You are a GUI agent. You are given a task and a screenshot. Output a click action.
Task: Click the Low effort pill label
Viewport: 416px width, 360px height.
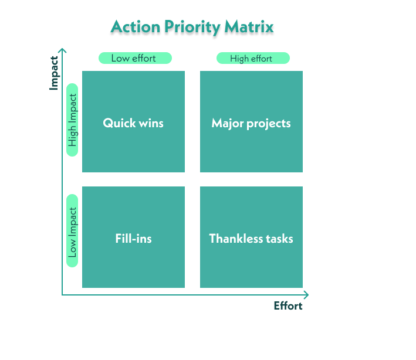(134, 58)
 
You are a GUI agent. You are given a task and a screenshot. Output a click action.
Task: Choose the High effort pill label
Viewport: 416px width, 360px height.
(253, 58)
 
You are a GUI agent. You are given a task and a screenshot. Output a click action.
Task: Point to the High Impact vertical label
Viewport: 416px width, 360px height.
(72, 120)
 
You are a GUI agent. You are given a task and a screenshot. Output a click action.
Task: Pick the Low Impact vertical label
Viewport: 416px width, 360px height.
(72, 232)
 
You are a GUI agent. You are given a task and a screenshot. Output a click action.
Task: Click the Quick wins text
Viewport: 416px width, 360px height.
(133, 123)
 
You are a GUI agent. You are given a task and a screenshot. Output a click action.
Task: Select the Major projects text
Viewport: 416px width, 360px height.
(251, 123)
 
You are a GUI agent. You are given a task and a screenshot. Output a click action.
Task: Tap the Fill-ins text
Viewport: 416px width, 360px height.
(133, 239)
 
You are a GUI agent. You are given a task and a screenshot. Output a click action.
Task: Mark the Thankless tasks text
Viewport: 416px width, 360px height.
(251, 239)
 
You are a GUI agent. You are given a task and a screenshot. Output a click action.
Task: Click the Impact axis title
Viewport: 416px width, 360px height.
(54, 73)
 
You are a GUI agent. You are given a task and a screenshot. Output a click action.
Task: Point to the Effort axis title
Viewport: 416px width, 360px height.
(288, 306)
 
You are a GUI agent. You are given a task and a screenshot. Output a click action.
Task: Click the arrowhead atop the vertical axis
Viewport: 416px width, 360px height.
(63, 51)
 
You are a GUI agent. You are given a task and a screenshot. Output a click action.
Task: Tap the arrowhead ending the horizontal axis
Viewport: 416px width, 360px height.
(306, 294)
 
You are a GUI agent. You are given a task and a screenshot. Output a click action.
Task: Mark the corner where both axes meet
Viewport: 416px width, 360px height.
(63, 294)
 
